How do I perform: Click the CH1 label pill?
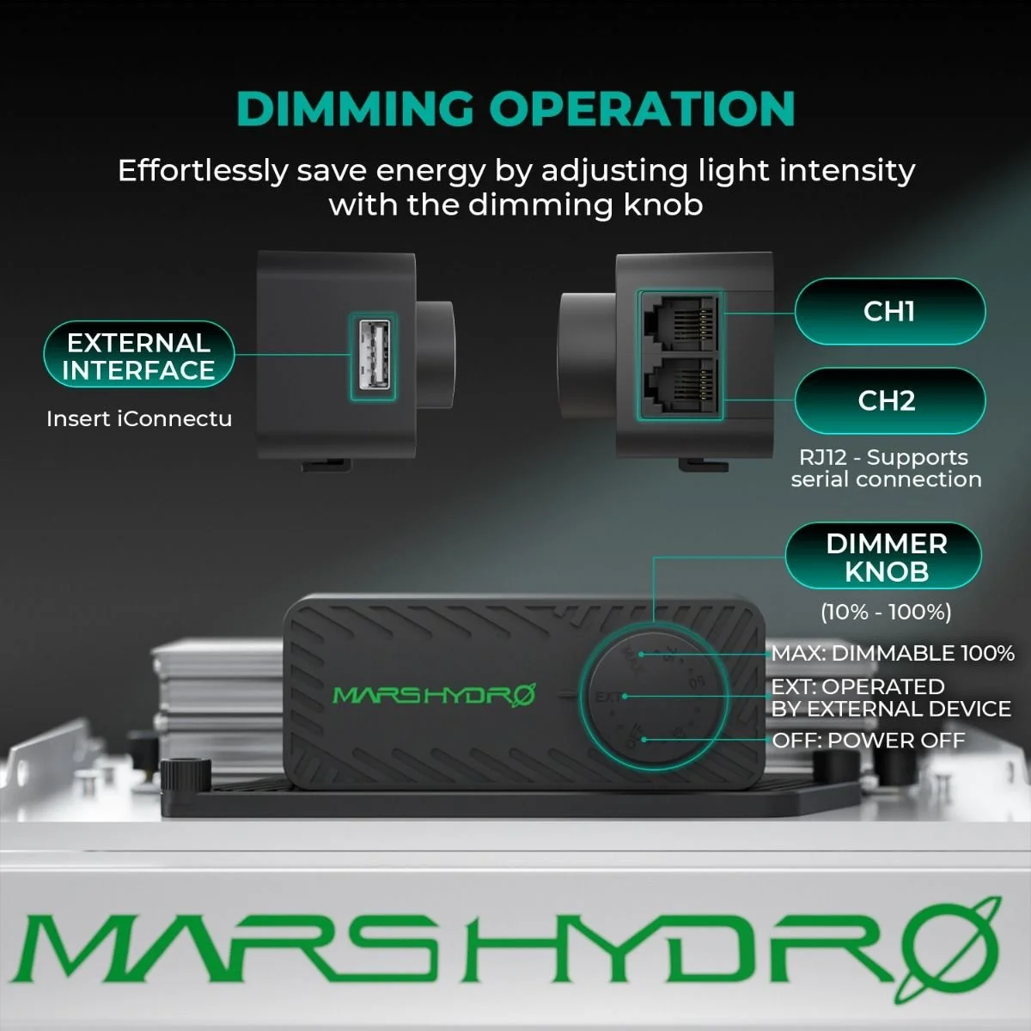pyautogui.click(x=889, y=311)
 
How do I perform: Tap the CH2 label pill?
pyautogui.click(x=889, y=400)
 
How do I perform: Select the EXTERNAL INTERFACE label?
pyautogui.click(x=138, y=356)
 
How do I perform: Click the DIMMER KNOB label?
pyautogui.click(x=885, y=557)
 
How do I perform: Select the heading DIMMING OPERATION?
pyautogui.click(x=515, y=109)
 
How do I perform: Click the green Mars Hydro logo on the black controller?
pyautogui.click(x=434, y=694)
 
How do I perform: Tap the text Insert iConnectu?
pyautogui.click(x=139, y=419)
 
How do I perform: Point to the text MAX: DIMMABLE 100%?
pyautogui.click(x=893, y=653)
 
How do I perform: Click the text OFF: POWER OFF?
pyautogui.click(x=868, y=741)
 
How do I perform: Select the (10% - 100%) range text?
pyautogui.click(x=885, y=612)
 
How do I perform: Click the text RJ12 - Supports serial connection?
pyautogui.click(x=886, y=468)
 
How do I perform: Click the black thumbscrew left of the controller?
pyautogui.click(x=186, y=775)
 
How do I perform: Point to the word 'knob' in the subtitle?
pyautogui.click(x=662, y=204)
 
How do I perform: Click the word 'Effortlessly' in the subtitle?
pyautogui.click(x=202, y=170)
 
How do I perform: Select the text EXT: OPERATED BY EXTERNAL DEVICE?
pyautogui.click(x=890, y=698)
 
